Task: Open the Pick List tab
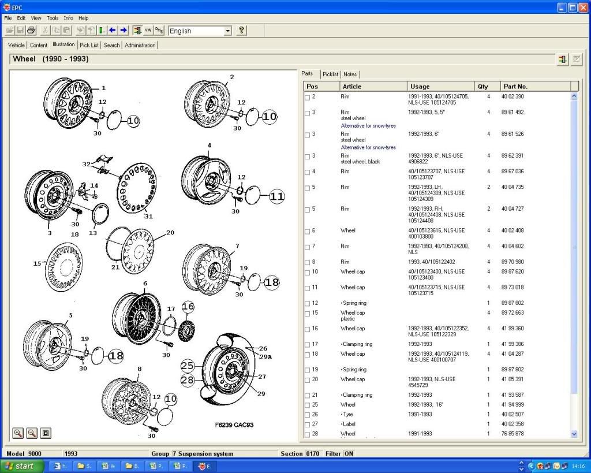point(89,45)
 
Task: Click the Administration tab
point(140,45)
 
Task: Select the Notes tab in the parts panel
point(350,74)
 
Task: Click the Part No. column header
point(515,87)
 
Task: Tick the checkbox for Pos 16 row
point(308,329)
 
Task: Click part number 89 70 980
point(513,262)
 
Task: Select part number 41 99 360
point(513,329)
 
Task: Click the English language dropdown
point(200,31)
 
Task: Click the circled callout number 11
point(277,196)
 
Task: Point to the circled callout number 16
point(188,307)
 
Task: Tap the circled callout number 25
point(188,366)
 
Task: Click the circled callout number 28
point(188,380)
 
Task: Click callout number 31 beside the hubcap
point(148,216)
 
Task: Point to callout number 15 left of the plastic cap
point(38,263)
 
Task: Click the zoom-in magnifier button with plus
point(18,433)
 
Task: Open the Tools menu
point(53,18)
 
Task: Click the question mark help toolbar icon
point(242,31)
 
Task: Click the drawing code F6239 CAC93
point(234,425)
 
